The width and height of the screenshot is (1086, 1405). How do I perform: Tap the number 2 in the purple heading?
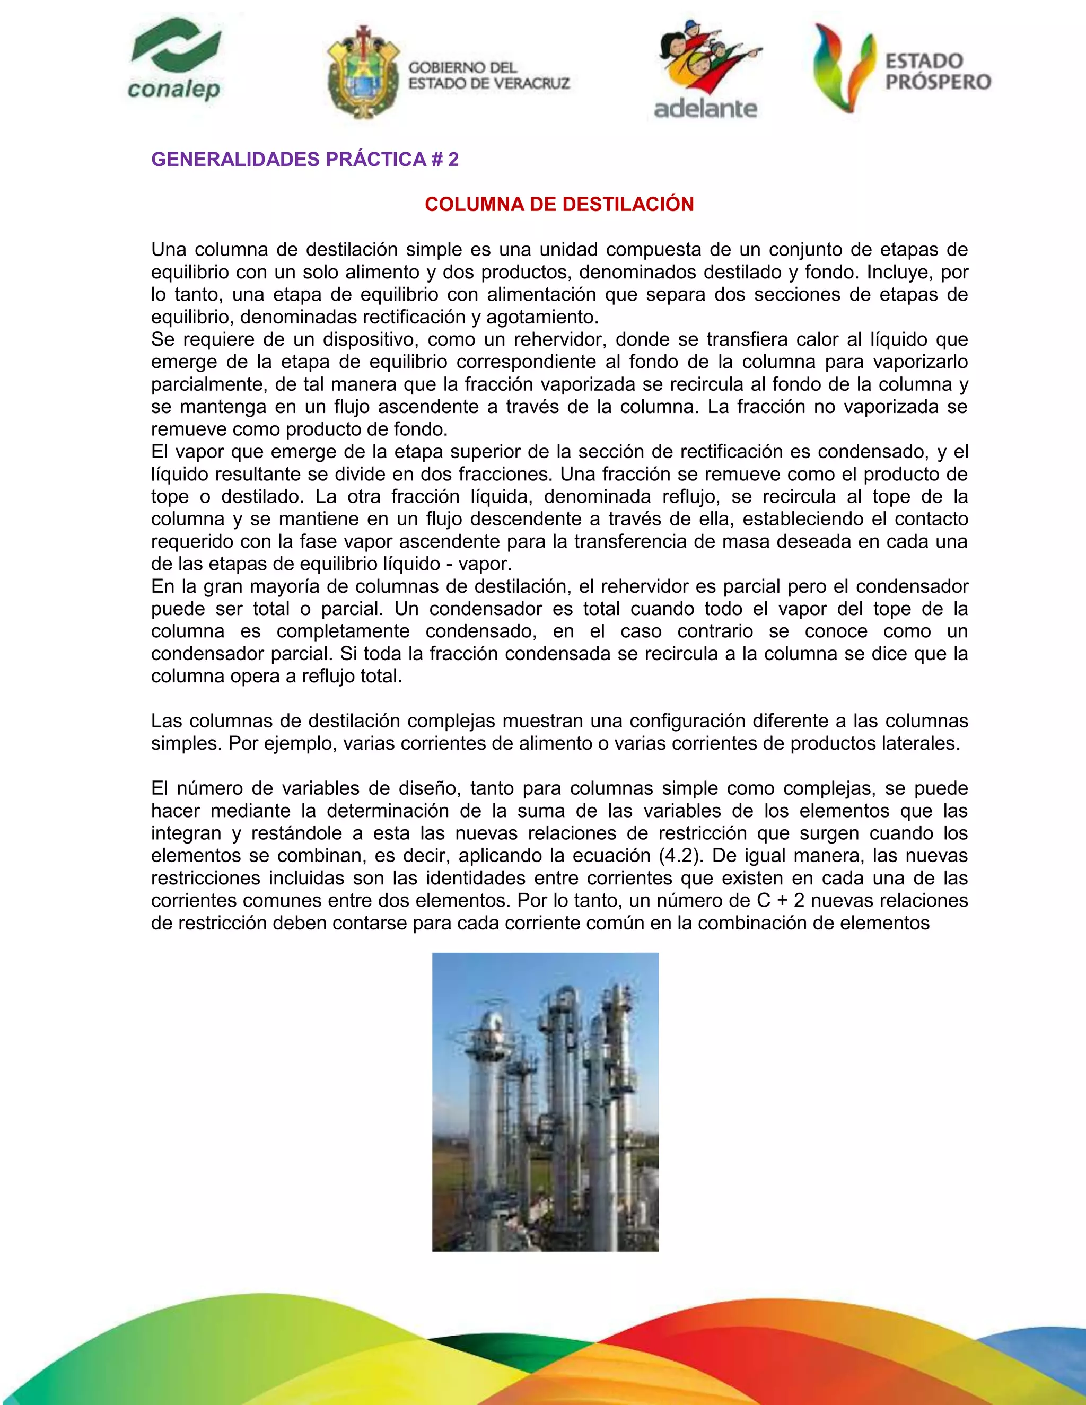(453, 160)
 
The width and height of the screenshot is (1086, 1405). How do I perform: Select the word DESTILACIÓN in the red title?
(627, 205)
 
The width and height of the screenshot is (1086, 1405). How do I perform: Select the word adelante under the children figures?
(705, 108)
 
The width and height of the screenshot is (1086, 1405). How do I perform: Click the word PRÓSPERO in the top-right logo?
(938, 82)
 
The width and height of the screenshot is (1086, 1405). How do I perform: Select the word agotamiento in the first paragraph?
(540, 317)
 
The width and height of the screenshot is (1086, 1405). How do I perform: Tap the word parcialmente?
(202, 385)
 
